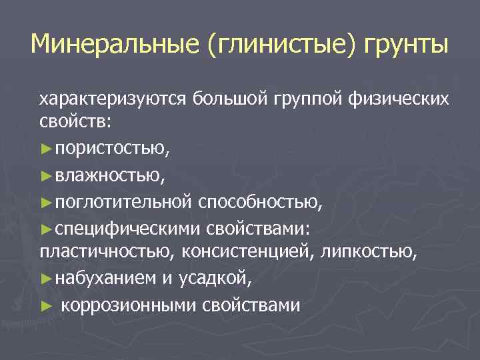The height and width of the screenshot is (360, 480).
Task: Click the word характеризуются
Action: pyautogui.click(x=113, y=99)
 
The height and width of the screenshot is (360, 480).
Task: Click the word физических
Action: pyautogui.click(x=399, y=99)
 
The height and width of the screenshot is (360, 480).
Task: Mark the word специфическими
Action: pyautogui.click(x=127, y=228)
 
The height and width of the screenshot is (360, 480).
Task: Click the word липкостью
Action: pyautogui.click(x=373, y=253)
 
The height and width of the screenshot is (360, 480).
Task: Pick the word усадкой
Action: pyautogui.click(x=215, y=279)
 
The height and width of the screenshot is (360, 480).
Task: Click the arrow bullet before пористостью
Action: pyautogui.click(x=45, y=151)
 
